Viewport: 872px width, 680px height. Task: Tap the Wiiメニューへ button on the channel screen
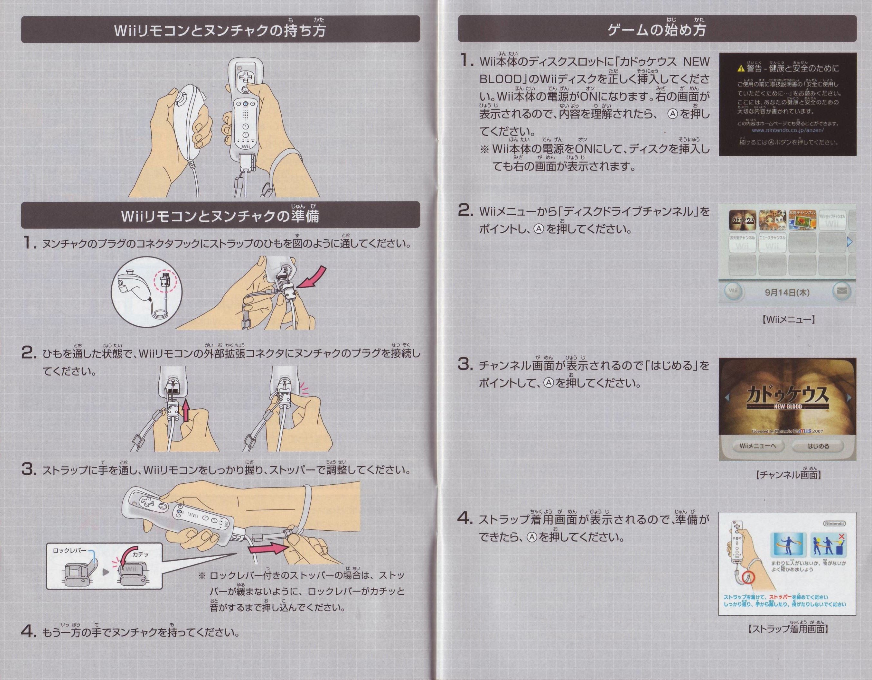[757, 446]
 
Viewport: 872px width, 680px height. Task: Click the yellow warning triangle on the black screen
[741, 69]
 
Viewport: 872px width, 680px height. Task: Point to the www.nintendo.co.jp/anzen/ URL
[787, 130]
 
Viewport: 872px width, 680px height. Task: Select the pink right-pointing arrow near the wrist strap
[267, 549]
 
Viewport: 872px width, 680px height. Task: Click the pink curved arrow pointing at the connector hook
[313, 278]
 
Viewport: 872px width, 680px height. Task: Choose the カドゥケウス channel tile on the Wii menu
[743, 220]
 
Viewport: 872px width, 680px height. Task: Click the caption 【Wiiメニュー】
[787, 319]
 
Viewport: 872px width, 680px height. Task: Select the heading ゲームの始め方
[656, 30]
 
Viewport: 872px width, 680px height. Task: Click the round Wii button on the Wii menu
[733, 291]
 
